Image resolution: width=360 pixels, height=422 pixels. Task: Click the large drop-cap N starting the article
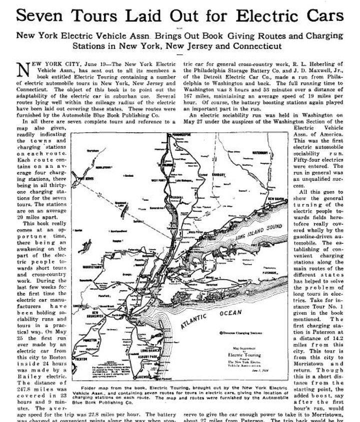22,70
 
